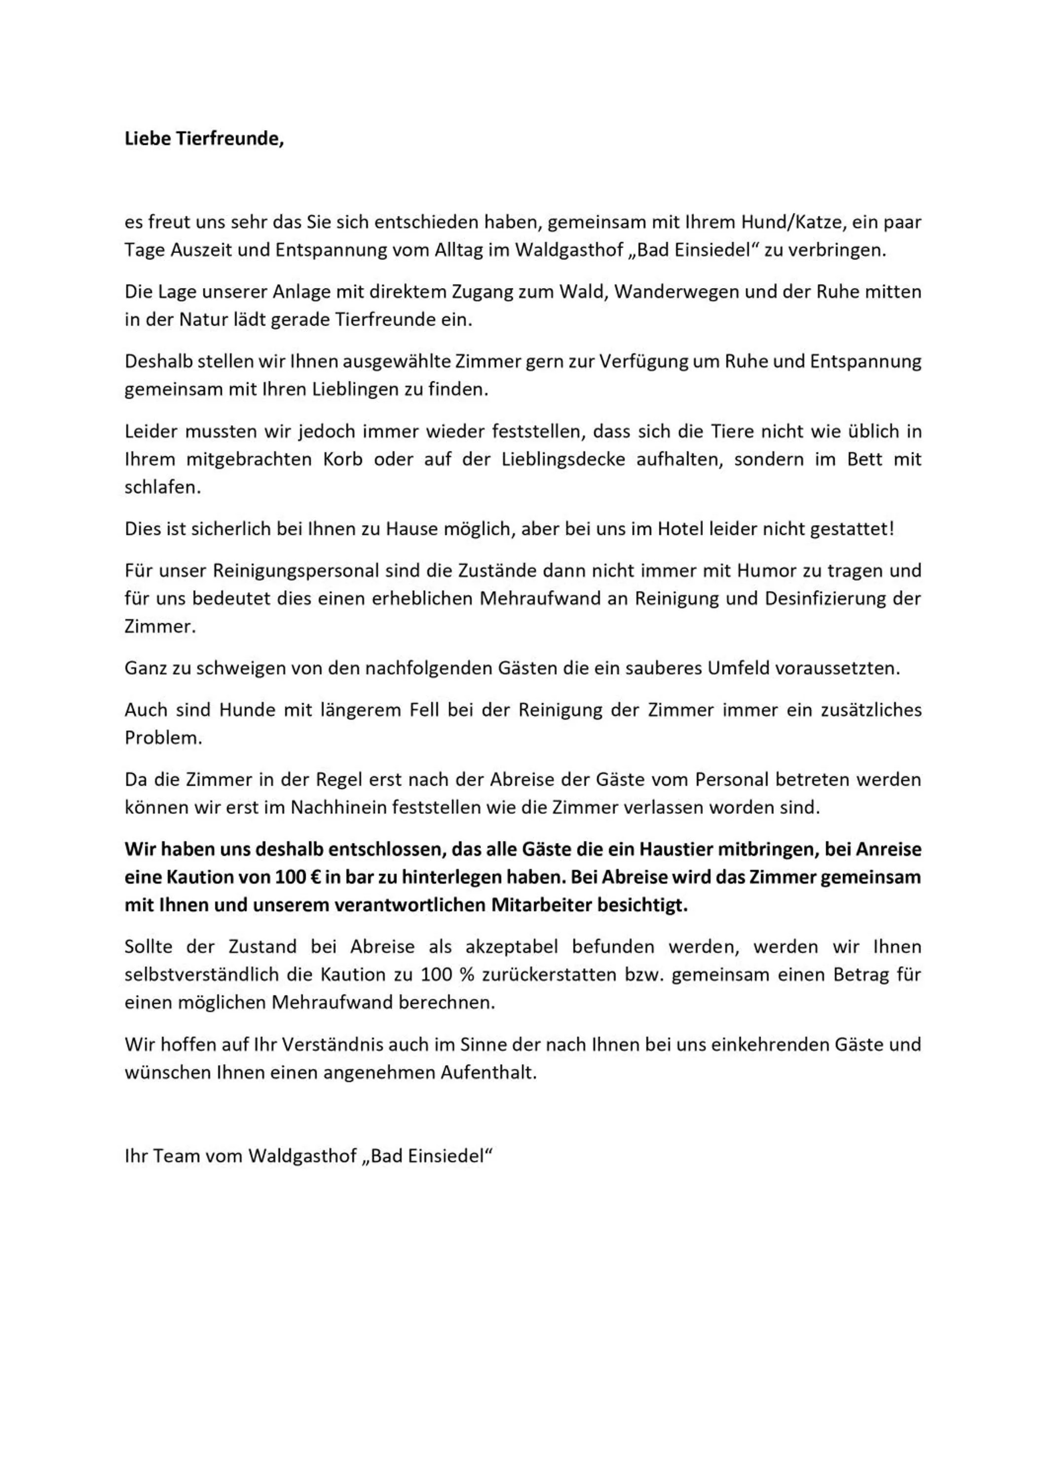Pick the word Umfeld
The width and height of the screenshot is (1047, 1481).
(736, 668)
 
